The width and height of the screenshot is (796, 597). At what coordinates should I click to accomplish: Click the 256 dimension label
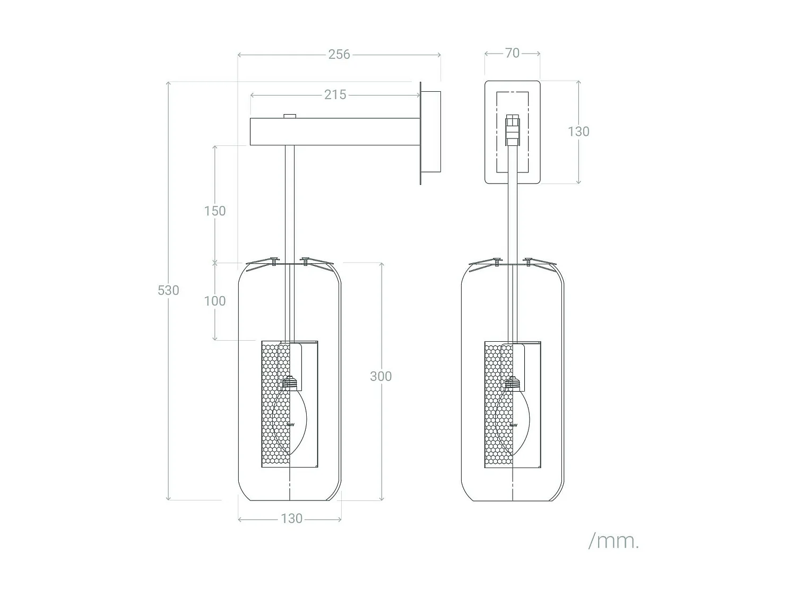339,54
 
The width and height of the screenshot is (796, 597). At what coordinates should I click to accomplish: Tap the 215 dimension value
335,94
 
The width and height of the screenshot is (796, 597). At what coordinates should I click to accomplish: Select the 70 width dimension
513,53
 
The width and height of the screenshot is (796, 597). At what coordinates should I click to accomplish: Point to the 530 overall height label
168,290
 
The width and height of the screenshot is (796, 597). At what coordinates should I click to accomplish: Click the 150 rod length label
215,211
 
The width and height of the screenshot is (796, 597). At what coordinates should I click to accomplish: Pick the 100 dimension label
215,301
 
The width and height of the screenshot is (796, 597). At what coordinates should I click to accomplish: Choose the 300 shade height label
381,376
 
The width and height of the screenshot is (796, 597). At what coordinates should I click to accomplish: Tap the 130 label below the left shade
291,518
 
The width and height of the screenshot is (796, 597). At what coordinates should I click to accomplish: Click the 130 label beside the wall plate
578,132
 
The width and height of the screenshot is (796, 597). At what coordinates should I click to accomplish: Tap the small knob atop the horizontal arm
289,116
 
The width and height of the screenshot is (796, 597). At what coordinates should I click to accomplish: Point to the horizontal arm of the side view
335,132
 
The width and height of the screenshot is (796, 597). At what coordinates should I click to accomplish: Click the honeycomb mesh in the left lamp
275,404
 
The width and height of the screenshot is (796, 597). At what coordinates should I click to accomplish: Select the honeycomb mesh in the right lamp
499,404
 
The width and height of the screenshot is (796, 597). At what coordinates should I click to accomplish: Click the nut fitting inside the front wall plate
513,130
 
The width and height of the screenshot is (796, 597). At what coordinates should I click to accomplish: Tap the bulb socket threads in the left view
289,383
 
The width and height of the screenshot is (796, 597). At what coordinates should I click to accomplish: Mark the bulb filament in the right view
513,425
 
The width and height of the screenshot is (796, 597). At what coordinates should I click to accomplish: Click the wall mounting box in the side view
431,132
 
